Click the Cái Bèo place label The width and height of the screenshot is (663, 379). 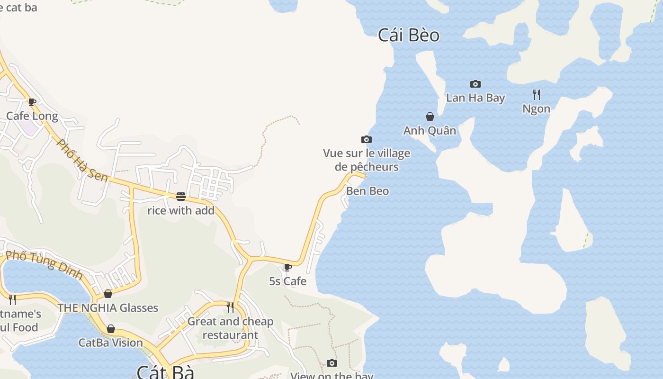(409, 36)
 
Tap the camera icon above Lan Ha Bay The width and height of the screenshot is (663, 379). (475, 84)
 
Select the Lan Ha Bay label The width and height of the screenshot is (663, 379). (475, 98)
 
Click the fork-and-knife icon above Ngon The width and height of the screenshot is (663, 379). (537, 95)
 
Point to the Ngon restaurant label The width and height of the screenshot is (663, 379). (537, 109)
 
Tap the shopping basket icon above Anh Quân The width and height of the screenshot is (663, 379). (430, 117)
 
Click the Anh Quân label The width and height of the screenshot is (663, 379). (430, 131)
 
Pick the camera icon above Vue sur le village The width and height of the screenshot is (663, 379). (367, 139)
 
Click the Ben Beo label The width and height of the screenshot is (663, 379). (367, 191)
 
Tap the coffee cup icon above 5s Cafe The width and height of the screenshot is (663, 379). (287, 268)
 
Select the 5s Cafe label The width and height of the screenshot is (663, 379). (288, 281)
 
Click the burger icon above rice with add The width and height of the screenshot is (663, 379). (181, 197)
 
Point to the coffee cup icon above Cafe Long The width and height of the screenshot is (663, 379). (32, 102)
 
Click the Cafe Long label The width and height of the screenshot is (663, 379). (32, 116)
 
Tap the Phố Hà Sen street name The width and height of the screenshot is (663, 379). (82, 160)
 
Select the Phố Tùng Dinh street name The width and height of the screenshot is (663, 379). (45, 265)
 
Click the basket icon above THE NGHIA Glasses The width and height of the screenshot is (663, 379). (108, 294)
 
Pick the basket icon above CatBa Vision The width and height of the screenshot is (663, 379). (111, 329)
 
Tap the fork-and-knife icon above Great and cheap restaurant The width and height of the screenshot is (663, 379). (230, 307)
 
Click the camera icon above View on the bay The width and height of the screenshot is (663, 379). (332, 363)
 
